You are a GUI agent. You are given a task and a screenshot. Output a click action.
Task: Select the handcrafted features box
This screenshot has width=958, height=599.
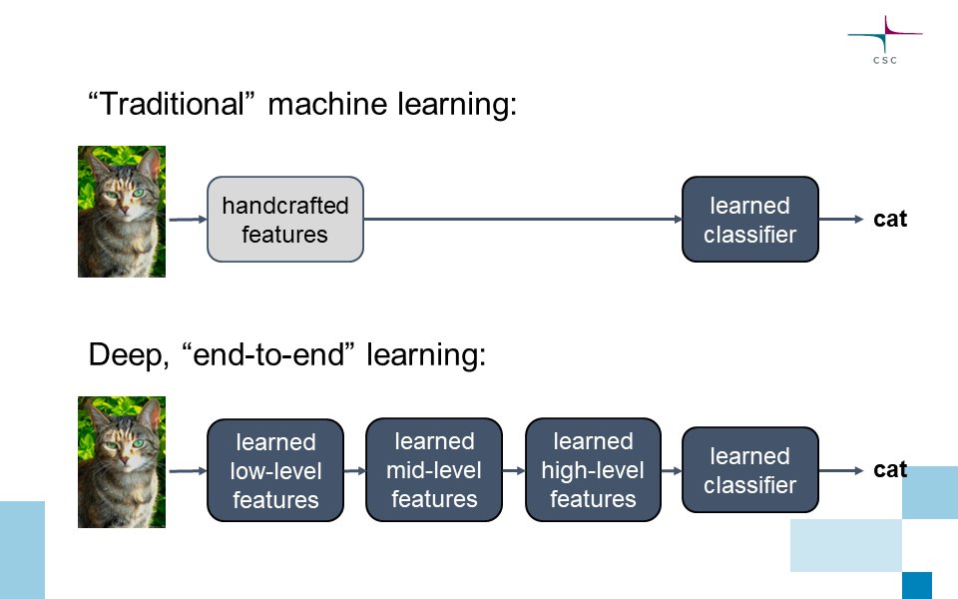click(285, 220)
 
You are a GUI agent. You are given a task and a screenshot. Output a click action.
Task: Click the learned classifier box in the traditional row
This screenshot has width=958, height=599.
click(749, 220)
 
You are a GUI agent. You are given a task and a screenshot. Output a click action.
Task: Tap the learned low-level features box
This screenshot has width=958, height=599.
click(274, 470)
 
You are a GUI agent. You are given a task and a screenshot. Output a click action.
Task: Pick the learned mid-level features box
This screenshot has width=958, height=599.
click(434, 469)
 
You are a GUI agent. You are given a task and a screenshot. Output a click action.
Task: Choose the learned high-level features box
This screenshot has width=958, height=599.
click(593, 469)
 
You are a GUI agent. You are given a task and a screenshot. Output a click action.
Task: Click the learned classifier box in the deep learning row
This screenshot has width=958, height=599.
click(749, 470)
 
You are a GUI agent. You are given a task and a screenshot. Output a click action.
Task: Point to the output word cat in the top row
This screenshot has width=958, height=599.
click(890, 219)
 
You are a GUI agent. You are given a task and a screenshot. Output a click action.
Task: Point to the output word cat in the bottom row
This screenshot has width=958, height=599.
click(890, 469)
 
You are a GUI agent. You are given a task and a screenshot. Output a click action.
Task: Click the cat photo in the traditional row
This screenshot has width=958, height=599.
click(122, 212)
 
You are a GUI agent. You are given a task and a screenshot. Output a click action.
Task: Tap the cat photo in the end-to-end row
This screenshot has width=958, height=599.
click(122, 461)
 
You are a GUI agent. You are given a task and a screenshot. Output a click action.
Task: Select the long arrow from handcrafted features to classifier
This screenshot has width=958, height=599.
click(522, 220)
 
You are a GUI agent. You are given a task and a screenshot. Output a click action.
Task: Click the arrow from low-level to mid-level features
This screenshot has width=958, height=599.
click(354, 469)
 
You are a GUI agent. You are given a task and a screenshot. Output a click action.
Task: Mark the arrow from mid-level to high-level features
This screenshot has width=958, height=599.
click(513, 469)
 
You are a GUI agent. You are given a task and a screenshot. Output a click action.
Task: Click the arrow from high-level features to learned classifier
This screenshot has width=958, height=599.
click(671, 469)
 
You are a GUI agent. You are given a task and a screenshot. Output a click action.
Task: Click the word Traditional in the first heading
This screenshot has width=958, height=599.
click(178, 105)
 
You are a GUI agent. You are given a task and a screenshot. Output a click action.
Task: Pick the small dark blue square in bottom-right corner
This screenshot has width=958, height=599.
click(916, 585)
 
